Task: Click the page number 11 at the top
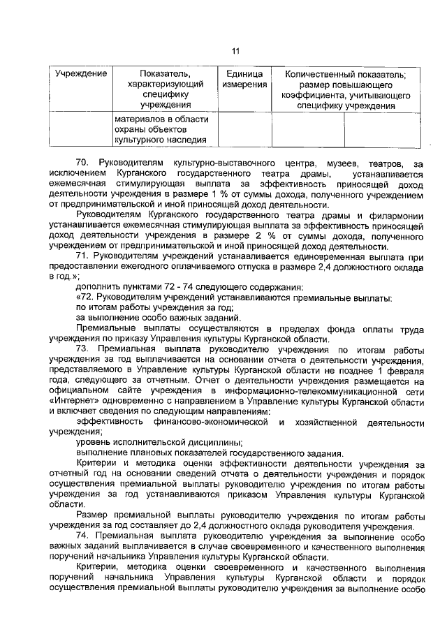coord(235,50)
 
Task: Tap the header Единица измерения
coord(244,79)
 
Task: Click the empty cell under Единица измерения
coord(244,130)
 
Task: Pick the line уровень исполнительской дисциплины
coord(159,443)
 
